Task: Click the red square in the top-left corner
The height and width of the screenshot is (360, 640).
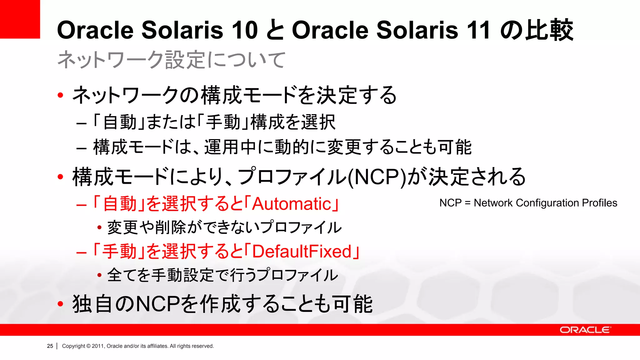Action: (x=20, y=19)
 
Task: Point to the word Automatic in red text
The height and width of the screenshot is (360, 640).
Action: (x=291, y=204)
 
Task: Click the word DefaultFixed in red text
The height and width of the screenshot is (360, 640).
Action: (x=302, y=252)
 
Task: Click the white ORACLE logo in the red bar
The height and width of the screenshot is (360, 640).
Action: (x=584, y=330)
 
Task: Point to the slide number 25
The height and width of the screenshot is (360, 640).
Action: (x=50, y=346)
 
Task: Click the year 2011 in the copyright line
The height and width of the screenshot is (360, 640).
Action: (x=98, y=346)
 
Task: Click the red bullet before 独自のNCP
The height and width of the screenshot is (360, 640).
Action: (x=60, y=303)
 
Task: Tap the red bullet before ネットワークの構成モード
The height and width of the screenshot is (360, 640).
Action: (x=60, y=95)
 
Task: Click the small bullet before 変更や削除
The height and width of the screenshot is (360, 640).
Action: (x=99, y=227)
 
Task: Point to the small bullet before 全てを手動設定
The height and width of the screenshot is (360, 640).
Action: (x=99, y=275)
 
